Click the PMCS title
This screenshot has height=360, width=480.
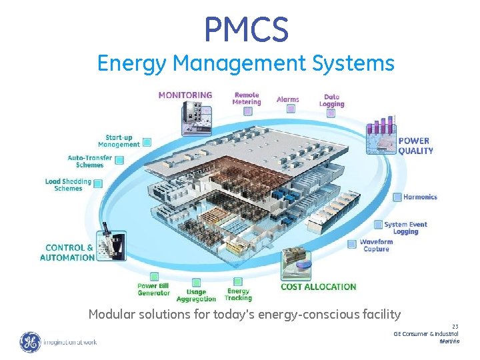tap(246, 29)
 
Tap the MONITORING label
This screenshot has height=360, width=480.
tap(185, 95)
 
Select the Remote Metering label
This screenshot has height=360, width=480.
tap(246, 99)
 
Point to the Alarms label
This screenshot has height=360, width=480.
tap(288, 100)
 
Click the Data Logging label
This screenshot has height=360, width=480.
tap(331, 101)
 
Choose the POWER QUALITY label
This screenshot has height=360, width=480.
tap(415, 145)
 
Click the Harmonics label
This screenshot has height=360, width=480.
tap(420, 197)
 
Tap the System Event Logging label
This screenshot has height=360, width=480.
tap(405, 228)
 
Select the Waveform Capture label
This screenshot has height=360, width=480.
tap(376, 245)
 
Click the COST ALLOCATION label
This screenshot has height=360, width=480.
tap(318, 287)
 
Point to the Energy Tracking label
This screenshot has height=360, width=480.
tap(238, 295)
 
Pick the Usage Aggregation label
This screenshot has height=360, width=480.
tap(196, 295)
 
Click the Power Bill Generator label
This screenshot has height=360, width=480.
tap(153, 289)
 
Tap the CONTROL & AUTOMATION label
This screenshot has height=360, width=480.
tap(67, 253)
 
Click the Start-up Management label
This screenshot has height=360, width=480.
tap(119, 141)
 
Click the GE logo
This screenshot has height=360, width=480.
tap(30, 343)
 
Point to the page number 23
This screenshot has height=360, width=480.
tap(455, 327)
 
